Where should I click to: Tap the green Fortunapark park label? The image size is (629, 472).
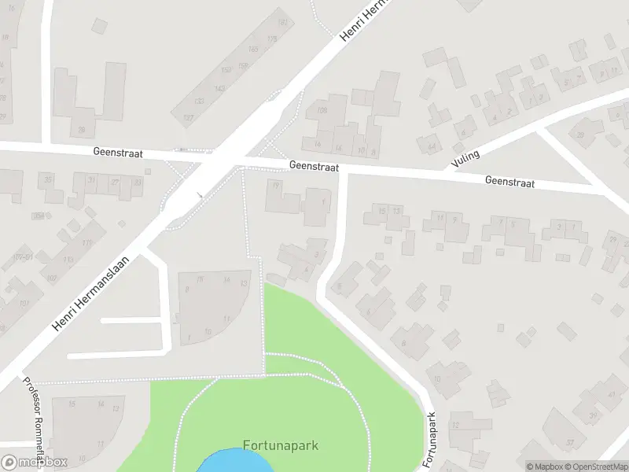[281, 445]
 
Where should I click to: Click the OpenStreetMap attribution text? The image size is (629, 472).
[594, 466]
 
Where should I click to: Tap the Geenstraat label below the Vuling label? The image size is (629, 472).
[509, 182]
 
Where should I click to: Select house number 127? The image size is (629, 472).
[189, 118]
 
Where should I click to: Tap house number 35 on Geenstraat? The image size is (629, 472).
[50, 180]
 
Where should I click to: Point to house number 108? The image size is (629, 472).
[322, 111]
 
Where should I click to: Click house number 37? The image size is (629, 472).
[570, 443]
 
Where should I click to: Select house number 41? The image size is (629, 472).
[613, 393]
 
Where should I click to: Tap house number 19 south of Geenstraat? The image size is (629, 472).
[275, 185]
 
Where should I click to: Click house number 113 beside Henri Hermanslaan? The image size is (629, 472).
[68, 259]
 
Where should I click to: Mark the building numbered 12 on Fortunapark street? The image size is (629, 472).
[455, 425]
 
